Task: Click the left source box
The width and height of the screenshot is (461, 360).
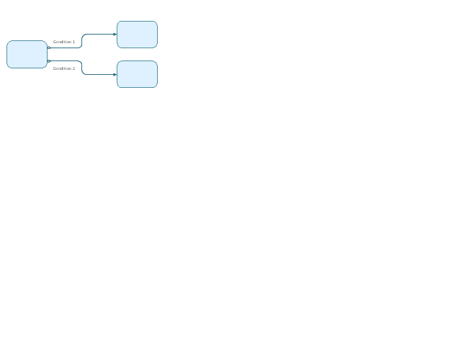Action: [x=27, y=55]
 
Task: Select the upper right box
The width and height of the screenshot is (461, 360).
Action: [x=138, y=35]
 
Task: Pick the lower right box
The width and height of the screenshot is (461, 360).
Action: [x=138, y=74]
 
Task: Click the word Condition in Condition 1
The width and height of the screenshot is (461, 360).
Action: [x=62, y=42]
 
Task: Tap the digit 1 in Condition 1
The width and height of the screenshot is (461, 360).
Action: [x=73, y=42]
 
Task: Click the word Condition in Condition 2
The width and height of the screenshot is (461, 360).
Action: [x=62, y=68]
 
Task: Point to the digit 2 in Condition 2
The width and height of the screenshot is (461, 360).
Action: [x=73, y=68]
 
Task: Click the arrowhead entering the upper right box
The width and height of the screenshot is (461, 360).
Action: [x=115, y=35]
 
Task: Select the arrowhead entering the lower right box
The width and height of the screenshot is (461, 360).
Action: [x=115, y=75]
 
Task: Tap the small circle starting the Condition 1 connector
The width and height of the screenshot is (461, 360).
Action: [x=49, y=48]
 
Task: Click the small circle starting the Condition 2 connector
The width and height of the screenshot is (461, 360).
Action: [x=49, y=61]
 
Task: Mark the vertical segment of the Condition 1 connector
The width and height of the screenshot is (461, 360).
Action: [x=81, y=41]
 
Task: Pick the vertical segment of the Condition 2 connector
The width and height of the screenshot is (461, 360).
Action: [x=81, y=68]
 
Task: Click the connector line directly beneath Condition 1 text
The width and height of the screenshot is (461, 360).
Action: [x=64, y=48]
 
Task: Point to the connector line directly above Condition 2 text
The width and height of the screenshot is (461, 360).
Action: [x=64, y=60]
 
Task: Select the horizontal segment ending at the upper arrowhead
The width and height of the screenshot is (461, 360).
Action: [x=99, y=35]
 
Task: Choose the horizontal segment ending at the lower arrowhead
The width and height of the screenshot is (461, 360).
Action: [x=99, y=75]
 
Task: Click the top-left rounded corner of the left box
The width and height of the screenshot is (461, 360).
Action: [x=9, y=42]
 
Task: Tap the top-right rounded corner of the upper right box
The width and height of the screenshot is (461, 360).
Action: [x=156, y=22]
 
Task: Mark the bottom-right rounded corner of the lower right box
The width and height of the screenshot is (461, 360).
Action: [x=156, y=86]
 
